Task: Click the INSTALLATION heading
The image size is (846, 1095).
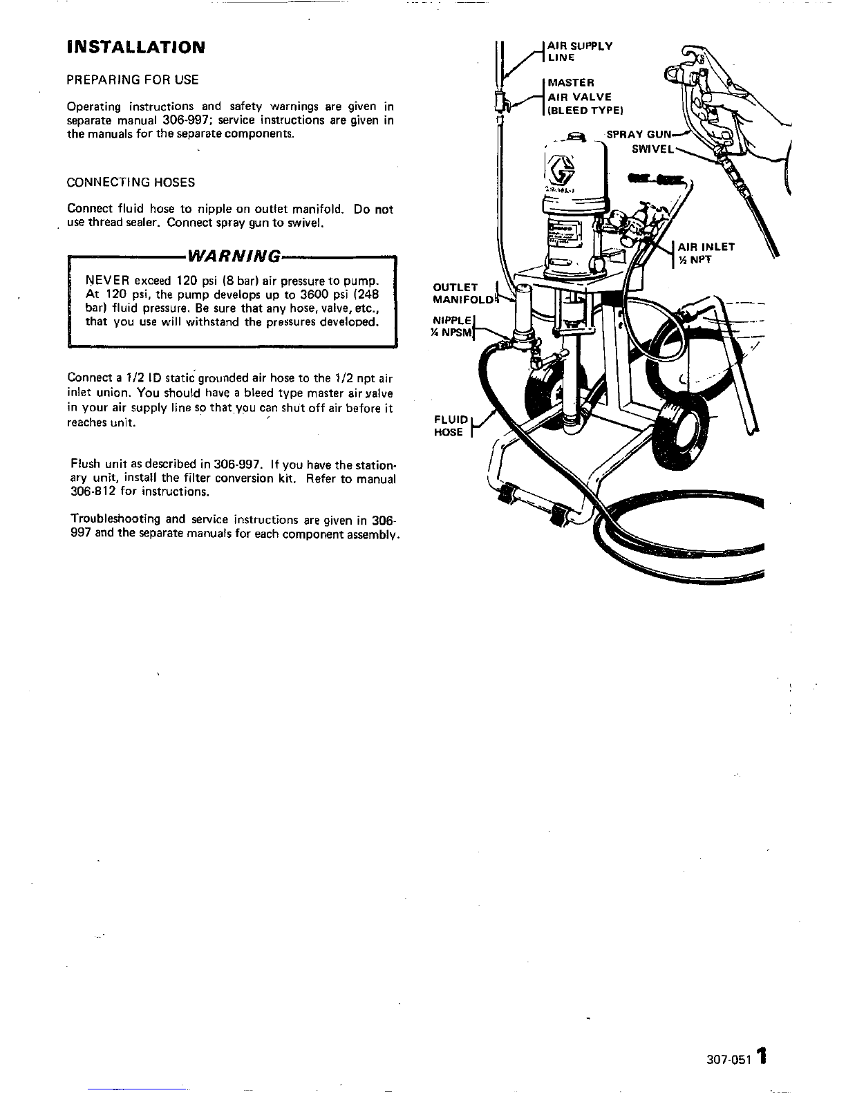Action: [x=136, y=48]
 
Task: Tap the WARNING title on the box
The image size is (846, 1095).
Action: [x=234, y=256]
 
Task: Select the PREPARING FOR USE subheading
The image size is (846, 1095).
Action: [x=133, y=79]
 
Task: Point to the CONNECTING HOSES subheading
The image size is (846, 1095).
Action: [x=131, y=182]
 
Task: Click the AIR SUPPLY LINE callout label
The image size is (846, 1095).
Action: [x=580, y=51]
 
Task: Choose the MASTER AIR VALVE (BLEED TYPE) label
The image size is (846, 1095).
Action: [x=585, y=97]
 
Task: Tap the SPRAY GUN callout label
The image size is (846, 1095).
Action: [x=639, y=135]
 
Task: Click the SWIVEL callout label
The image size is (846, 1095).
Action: [x=653, y=149]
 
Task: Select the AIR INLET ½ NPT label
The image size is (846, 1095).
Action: [x=706, y=254]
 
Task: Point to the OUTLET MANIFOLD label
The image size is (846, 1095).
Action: [x=463, y=293]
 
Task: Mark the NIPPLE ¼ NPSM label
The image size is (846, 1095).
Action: [x=453, y=326]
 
